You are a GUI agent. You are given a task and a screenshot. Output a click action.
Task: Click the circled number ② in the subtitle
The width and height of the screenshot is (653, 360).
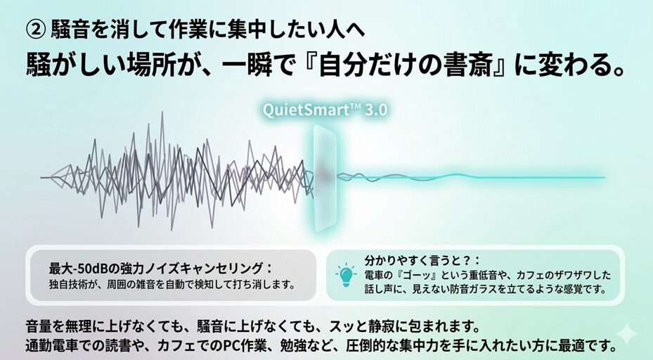[35, 30]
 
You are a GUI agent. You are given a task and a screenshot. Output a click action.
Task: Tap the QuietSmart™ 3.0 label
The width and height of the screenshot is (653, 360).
[325, 110]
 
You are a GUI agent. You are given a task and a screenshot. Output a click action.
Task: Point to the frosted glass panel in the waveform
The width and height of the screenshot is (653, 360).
[325, 179]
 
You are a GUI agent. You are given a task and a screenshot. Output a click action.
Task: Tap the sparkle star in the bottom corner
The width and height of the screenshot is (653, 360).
[626, 335]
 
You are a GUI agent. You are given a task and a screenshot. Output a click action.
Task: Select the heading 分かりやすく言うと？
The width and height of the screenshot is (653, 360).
[422, 260]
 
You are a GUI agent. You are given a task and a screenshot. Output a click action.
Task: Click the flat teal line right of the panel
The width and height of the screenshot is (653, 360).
[470, 176]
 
